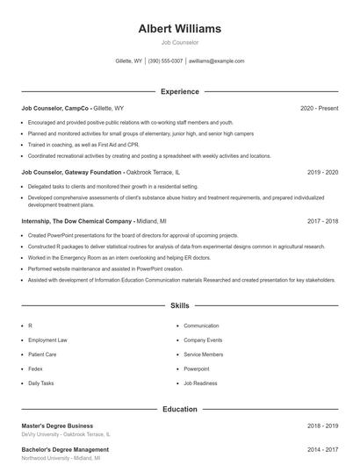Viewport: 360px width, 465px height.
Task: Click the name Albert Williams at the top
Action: tap(179, 29)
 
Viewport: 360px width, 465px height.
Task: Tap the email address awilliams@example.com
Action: tap(217, 61)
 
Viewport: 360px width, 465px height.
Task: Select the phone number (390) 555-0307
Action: tap(165, 61)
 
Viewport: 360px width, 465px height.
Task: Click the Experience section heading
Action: tap(179, 91)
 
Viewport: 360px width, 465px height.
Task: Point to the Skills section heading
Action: tap(179, 306)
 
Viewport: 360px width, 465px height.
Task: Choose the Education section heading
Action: tap(179, 409)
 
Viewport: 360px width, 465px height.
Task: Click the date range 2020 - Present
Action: tap(319, 108)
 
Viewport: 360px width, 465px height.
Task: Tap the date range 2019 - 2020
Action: tap(322, 173)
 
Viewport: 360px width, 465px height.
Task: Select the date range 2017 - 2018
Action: tap(322, 221)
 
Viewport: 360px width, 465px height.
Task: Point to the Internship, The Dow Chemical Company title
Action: tap(77, 221)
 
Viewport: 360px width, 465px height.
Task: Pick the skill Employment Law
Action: tap(47, 340)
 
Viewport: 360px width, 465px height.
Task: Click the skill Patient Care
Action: tap(42, 354)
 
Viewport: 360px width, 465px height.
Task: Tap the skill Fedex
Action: tap(36, 368)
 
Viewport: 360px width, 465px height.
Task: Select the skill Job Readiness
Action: tap(201, 383)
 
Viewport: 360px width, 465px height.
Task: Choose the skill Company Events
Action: tap(203, 340)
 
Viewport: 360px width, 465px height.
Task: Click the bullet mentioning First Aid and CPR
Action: tap(83, 144)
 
